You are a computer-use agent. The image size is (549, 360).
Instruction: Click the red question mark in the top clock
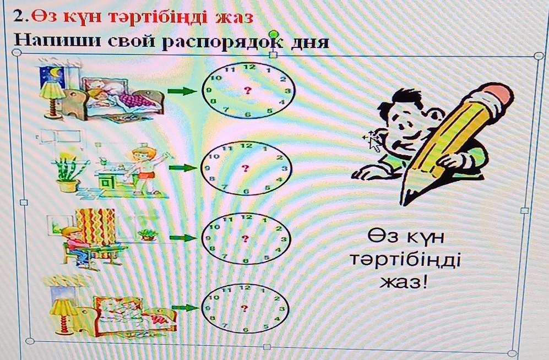249,90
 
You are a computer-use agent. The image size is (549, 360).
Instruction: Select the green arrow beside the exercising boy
182,167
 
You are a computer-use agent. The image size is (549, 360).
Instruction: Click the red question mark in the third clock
246,238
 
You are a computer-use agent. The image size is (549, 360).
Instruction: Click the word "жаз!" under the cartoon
404,283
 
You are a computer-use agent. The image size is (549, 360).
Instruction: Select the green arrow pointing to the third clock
182,238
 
